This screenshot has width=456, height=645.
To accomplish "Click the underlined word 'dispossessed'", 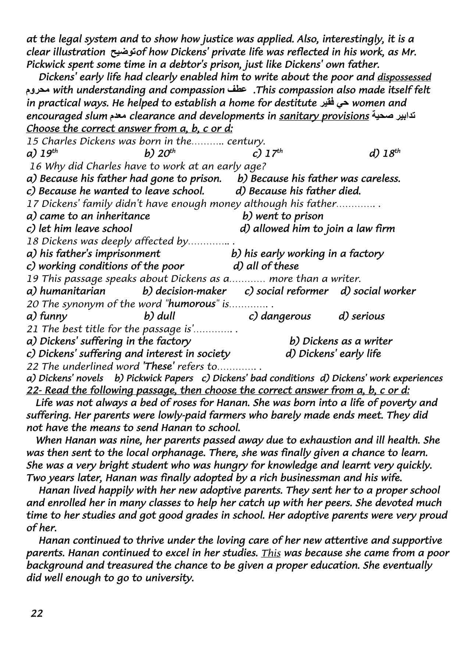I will (x=404, y=78).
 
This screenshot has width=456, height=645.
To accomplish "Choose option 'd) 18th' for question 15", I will (x=384, y=153).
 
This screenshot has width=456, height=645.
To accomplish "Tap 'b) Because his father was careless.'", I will (x=319, y=179).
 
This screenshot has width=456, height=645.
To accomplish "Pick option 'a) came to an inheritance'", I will (x=88, y=216).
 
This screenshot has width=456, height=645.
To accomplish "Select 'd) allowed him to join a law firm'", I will (x=317, y=229).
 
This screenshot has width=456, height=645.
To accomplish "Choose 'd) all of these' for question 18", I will (x=266, y=266).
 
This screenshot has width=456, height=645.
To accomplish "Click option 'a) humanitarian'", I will (x=66, y=291).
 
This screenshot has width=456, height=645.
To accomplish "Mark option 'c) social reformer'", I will (x=286, y=291).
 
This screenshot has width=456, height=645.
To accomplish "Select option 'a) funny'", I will (x=47, y=316).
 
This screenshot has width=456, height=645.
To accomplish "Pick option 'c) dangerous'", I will (x=279, y=316).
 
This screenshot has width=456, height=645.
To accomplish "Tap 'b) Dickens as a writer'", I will (x=341, y=341).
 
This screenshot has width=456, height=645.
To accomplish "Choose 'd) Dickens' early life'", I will (x=333, y=354).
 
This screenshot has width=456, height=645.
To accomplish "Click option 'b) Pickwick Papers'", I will (x=154, y=378).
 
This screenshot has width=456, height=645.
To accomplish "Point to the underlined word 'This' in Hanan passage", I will (x=271, y=553).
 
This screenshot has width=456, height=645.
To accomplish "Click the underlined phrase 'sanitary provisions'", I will (x=324, y=116).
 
